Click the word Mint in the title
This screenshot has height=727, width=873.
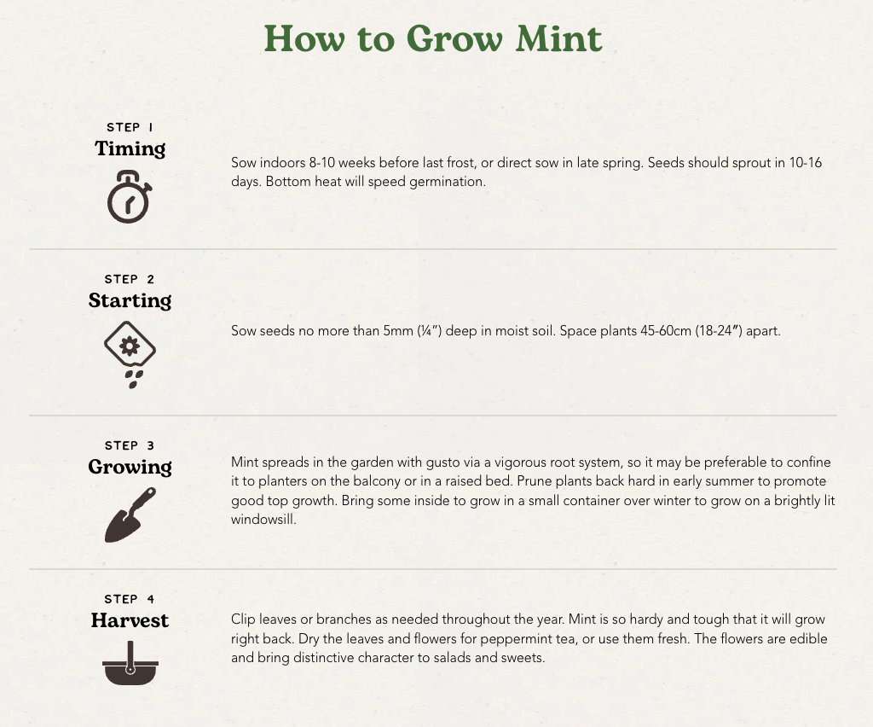tap(558, 38)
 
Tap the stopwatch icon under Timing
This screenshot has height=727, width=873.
tap(130, 196)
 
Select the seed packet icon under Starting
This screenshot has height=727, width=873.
tap(130, 354)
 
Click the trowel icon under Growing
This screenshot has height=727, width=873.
tap(130, 515)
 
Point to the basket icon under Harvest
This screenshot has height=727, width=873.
tap(130, 663)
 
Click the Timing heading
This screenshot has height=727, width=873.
tap(130, 148)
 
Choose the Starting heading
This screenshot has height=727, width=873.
tap(130, 300)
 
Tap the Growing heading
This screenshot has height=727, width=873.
tap(130, 467)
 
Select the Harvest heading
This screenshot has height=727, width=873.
tap(130, 620)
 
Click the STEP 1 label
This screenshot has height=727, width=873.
tap(130, 128)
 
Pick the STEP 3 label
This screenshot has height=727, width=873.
tap(130, 445)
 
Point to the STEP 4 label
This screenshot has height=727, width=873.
tap(130, 599)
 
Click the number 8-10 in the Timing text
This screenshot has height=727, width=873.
tap(321, 163)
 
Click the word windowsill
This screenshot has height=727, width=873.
tap(263, 519)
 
